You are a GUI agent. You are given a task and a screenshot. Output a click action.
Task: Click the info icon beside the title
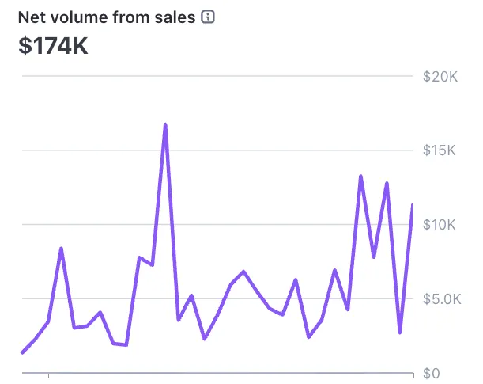pyautogui.click(x=208, y=17)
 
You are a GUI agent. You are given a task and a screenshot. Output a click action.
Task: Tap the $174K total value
pyautogui.click(x=54, y=46)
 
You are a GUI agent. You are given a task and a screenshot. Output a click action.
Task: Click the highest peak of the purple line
pyautogui.click(x=165, y=124)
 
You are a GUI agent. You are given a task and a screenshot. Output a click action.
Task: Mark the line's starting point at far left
pyautogui.click(x=22, y=352)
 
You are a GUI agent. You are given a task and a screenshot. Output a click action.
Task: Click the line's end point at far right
pyautogui.click(x=412, y=206)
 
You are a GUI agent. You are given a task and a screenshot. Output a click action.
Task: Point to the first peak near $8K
pyautogui.click(x=61, y=249)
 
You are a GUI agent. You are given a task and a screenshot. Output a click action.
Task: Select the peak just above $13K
pyautogui.click(x=360, y=177)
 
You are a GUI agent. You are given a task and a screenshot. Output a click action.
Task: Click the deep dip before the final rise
pyautogui.click(x=400, y=333)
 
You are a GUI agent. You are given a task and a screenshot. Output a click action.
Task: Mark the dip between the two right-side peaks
pyautogui.click(x=374, y=257)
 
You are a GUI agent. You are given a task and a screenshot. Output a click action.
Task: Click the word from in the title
pyautogui.click(x=129, y=17)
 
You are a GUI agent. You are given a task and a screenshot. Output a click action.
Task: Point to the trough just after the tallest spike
pyautogui.click(x=179, y=320)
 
